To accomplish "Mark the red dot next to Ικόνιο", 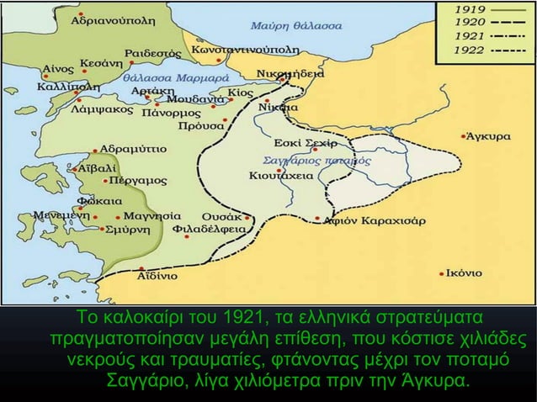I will (444, 272).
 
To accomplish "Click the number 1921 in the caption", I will (241, 320).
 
